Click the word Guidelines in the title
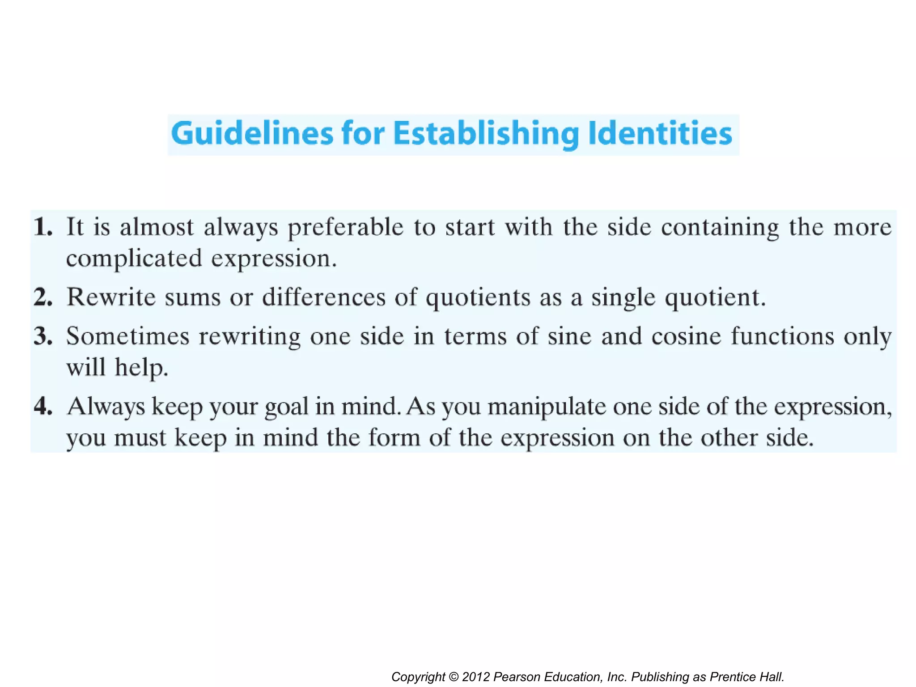252,133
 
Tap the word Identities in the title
660,133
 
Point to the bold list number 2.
43,297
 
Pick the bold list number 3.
43,336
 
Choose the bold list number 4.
43,406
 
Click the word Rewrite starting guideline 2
111,297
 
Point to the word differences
324,297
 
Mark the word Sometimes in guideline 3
128,336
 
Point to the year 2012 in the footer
476,677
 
